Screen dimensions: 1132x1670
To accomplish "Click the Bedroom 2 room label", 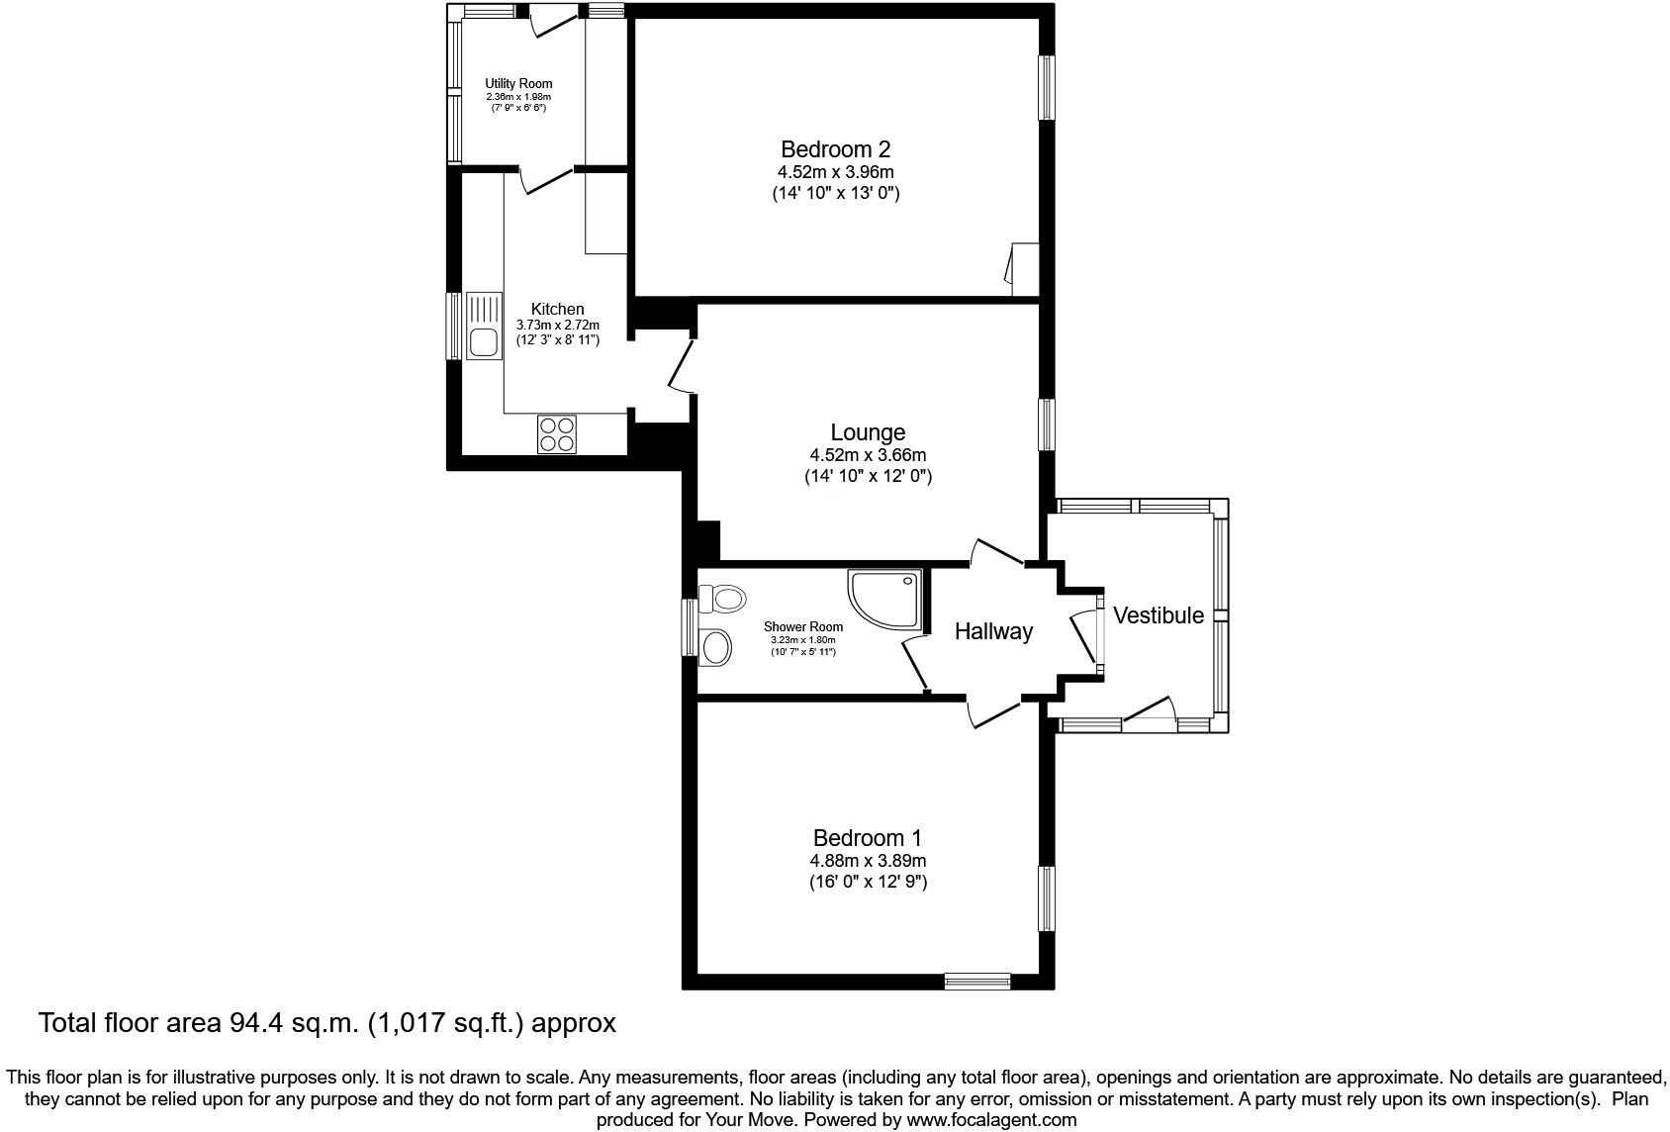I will (835, 149).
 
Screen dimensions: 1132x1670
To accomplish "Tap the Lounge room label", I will (868, 432).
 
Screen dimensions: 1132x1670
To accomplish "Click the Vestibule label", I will (1159, 615).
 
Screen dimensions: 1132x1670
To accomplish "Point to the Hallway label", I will (993, 631).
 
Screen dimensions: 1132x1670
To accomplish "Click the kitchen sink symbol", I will (484, 327).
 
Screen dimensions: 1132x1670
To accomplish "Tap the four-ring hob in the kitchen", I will (557, 434).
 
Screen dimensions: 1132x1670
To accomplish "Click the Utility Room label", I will (518, 84).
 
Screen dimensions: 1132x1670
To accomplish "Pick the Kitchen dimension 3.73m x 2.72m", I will (558, 325).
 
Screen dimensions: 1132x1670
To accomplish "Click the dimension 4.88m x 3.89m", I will (868, 861).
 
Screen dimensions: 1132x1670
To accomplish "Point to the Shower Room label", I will (803, 626).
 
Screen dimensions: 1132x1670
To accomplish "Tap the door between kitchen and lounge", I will (682, 366).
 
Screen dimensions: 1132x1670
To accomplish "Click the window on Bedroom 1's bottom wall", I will (976, 981).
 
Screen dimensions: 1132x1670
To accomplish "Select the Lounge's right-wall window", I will (1046, 424).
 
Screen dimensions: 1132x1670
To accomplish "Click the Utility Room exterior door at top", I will (552, 20).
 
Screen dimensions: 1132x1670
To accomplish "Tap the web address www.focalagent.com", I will (992, 1120).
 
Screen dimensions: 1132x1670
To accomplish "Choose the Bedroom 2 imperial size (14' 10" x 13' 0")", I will (835, 194).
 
